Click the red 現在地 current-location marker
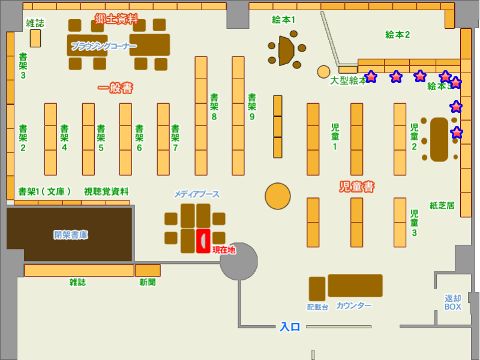[x=203, y=241]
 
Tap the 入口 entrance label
[x=290, y=327]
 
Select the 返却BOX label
[x=453, y=302]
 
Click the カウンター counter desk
[x=355, y=286]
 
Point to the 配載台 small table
[x=317, y=289]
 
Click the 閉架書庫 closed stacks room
[x=70, y=235]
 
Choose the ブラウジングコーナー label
[x=103, y=46]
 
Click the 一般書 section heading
[x=115, y=88]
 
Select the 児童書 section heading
[x=356, y=187]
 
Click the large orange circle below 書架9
[x=278, y=196]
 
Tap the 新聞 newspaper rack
[x=148, y=271]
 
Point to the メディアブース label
[x=197, y=194]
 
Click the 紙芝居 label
[x=442, y=205]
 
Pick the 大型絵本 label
[x=348, y=80]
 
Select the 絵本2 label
[x=397, y=35]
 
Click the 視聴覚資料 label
[x=106, y=191]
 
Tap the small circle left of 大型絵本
[x=323, y=71]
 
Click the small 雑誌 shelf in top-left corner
[x=35, y=38]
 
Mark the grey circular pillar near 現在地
[x=238, y=262]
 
